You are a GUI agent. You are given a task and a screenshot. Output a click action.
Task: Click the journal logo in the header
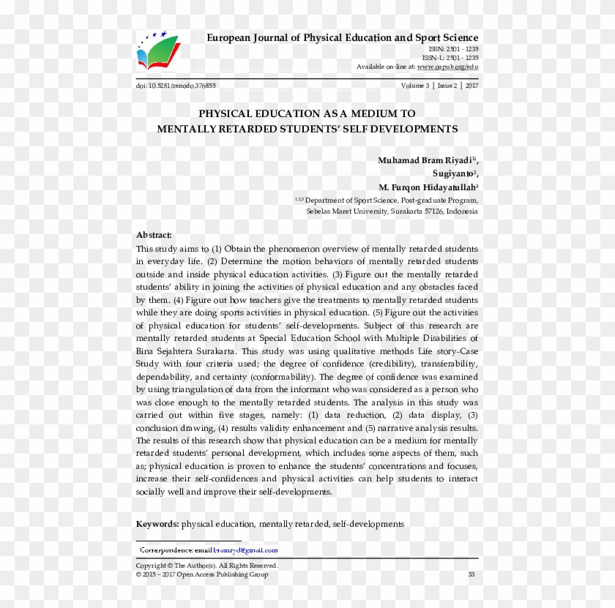157,50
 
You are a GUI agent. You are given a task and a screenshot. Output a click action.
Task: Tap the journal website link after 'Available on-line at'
447,67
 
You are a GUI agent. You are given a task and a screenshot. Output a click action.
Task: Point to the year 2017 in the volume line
471,86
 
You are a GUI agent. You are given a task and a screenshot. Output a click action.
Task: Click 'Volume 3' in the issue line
415,86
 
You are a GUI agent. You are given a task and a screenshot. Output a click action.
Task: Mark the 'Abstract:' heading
154,235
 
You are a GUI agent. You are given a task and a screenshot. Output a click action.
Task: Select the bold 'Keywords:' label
157,524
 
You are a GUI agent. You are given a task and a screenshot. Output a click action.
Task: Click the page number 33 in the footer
471,574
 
